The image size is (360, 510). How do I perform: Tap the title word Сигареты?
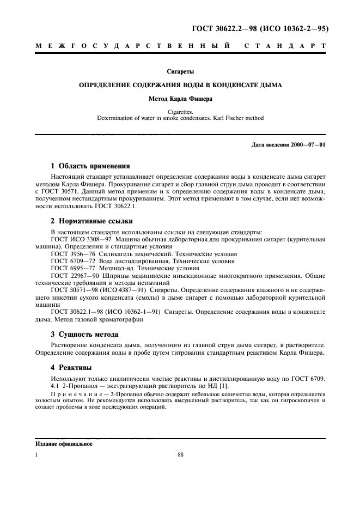(180, 71)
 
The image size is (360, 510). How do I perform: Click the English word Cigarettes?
(180, 111)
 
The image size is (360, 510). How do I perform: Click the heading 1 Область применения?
(90, 166)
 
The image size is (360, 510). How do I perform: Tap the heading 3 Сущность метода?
(84, 333)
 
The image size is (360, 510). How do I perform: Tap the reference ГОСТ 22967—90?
(75, 275)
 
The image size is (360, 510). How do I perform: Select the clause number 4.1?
(55, 385)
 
